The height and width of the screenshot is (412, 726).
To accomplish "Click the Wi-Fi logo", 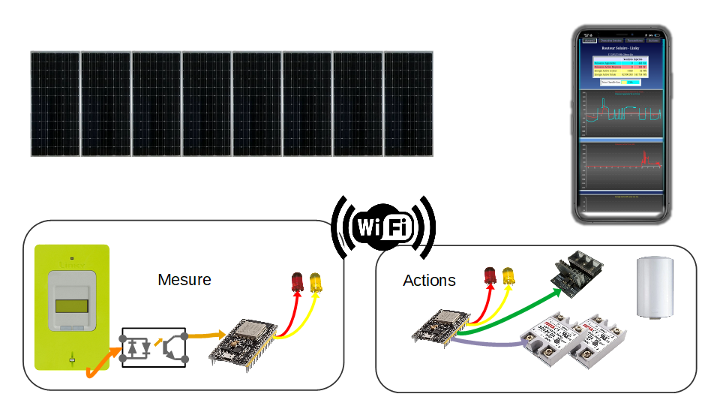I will click(x=383, y=226).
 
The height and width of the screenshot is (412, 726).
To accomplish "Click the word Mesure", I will click(x=184, y=280).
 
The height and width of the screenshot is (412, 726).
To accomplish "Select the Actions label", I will click(x=429, y=281).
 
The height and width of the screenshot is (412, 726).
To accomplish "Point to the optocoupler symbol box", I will click(x=154, y=347).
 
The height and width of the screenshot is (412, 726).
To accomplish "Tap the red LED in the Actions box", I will click(x=490, y=274).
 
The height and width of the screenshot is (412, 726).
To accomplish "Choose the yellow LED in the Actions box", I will click(x=508, y=274).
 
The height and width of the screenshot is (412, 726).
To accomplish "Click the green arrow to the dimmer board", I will click(x=517, y=308).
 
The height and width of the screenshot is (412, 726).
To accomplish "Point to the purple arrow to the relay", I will click(x=487, y=344).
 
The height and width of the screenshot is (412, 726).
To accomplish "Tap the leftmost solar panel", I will click(x=55, y=104).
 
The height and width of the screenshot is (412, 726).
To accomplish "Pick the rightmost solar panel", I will click(x=408, y=104).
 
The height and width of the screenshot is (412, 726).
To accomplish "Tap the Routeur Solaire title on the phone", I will click(x=619, y=47).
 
